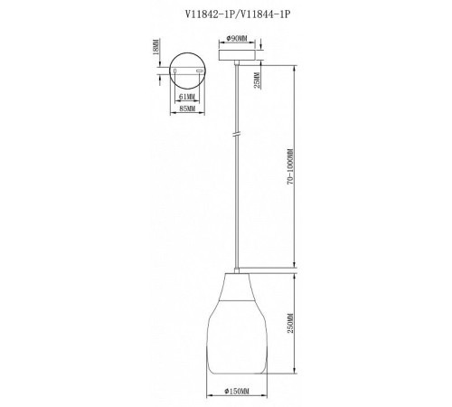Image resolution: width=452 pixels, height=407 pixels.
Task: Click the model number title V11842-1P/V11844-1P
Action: tap(238, 14)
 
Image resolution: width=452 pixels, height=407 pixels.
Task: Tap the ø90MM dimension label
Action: tap(237, 38)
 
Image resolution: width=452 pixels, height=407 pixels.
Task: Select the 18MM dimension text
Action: tap(155, 46)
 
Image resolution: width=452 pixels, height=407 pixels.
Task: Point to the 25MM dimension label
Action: tap(257, 80)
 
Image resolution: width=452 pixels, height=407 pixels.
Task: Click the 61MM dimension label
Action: tap(187, 97)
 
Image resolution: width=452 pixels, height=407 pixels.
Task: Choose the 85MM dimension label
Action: tap(187, 109)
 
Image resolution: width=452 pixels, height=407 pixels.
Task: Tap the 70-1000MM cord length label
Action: tap(290, 166)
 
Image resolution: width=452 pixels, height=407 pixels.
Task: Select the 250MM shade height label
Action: tap(290, 323)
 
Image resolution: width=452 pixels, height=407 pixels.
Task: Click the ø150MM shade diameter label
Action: tap(237, 392)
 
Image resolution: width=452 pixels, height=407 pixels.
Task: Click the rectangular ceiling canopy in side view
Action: tap(237, 55)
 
